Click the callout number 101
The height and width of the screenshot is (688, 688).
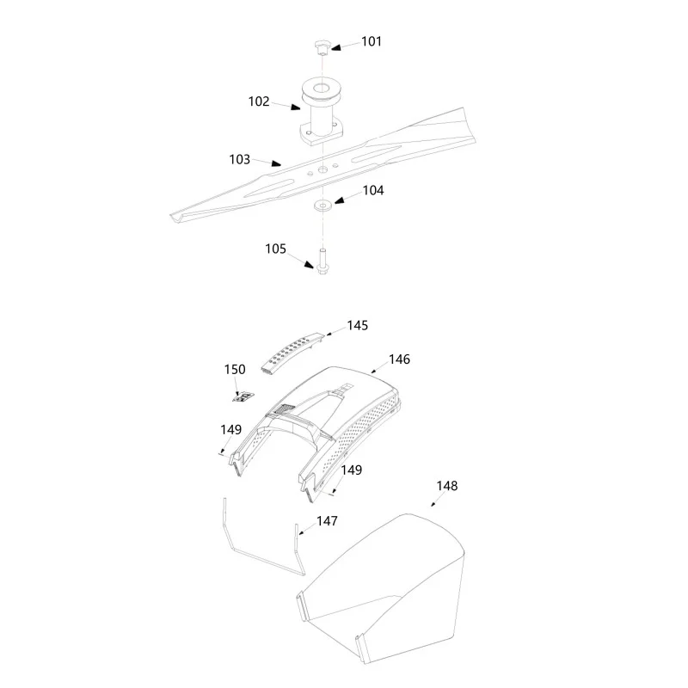[x=372, y=41]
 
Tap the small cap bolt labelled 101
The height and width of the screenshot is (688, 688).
[x=321, y=46]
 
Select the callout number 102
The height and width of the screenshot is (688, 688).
[x=259, y=101]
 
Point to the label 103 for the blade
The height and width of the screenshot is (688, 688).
[x=240, y=159]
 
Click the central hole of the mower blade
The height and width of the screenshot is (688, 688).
[x=323, y=169]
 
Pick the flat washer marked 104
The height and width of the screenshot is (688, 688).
[x=323, y=205]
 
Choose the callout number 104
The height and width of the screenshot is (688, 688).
[x=373, y=190]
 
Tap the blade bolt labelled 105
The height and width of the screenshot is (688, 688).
[x=322, y=261]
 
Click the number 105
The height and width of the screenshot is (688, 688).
[x=275, y=249]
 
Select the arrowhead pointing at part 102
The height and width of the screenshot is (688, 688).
[x=295, y=107]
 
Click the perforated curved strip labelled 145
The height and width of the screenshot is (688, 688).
[x=292, y=353]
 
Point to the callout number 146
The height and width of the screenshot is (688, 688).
[x=399, y=359]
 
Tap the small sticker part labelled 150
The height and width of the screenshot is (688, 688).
[x=243, y=397]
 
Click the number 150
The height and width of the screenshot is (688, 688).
[x=235, y=370]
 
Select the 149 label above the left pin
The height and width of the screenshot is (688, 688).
[x=230, y=429]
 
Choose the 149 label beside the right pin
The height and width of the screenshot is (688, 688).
[x=352, y=470]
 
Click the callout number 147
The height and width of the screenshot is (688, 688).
[x=328, y=521]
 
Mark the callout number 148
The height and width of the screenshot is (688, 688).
[x=447, y=486]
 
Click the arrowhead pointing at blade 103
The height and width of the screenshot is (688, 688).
[x=276, y=163]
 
